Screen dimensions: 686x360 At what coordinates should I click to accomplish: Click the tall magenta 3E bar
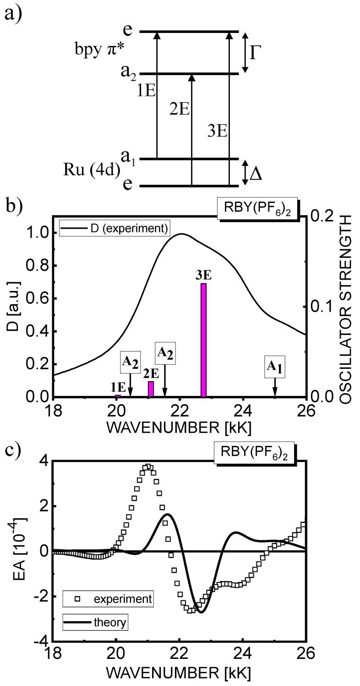click(204, 340)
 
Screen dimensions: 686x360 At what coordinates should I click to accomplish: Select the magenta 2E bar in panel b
click(151, 389)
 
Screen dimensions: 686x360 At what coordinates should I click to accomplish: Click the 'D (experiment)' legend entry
click(115, 228)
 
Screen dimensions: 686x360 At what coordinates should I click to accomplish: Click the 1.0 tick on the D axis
click(35, 233)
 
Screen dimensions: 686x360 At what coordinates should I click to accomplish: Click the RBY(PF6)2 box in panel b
click(258, 210)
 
